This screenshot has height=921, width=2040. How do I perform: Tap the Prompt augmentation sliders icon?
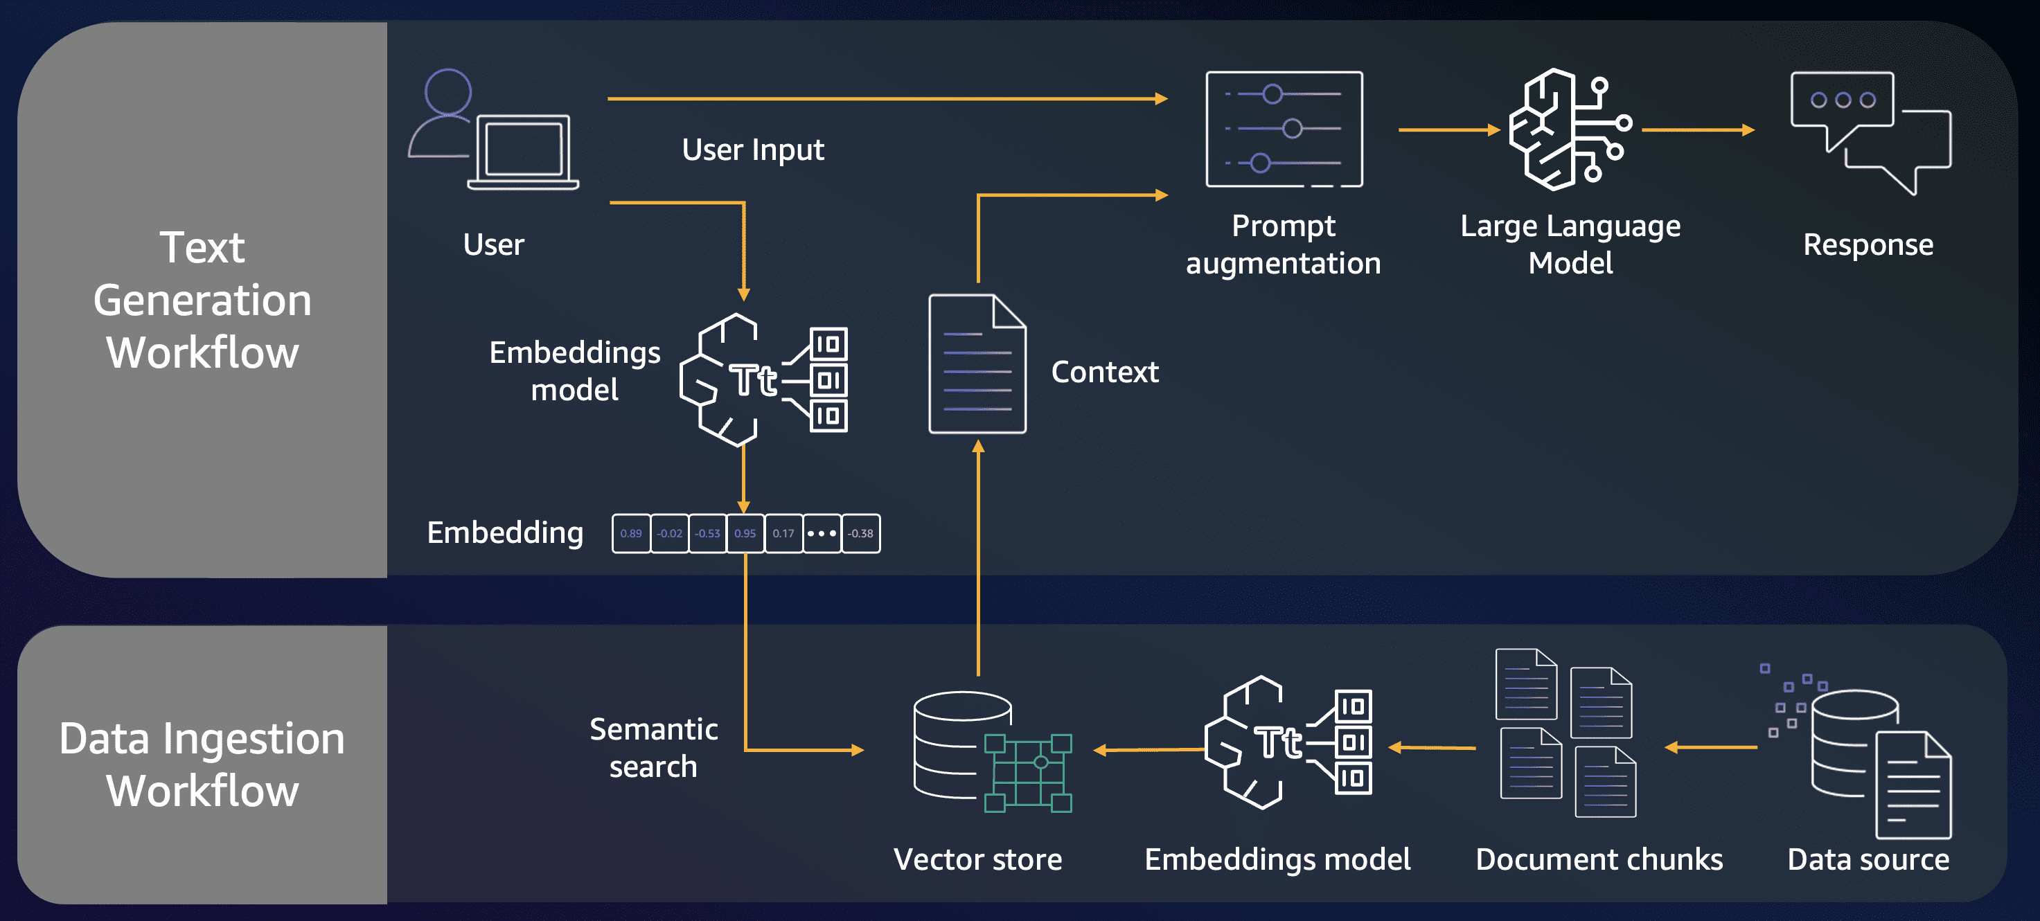[x=1284, y=129]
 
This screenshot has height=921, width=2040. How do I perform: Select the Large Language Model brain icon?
[x=1569, y=129]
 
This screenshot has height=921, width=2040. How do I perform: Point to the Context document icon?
[x=977, y=364]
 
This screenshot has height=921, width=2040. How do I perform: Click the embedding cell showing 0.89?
[x=631, y=533]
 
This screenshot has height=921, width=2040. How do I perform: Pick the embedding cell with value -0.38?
[x=861, y=533]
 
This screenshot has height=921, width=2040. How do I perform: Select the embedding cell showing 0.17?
[x=783, y=533]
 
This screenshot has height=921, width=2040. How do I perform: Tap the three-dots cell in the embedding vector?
[x=822, y=533]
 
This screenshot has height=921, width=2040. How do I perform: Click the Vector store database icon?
[x=991, y=751]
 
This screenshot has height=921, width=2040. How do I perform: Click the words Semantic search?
[x=653, y=748]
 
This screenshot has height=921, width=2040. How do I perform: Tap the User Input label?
[x=752, y=150]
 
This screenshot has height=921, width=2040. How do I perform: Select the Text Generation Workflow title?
[x=203, y=299]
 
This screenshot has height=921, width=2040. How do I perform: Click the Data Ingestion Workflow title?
[x=203, y=764]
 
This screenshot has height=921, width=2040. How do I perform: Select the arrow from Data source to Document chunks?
[x=1710, y=746]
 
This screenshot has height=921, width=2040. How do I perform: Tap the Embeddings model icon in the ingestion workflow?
[x=1288, y=743]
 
